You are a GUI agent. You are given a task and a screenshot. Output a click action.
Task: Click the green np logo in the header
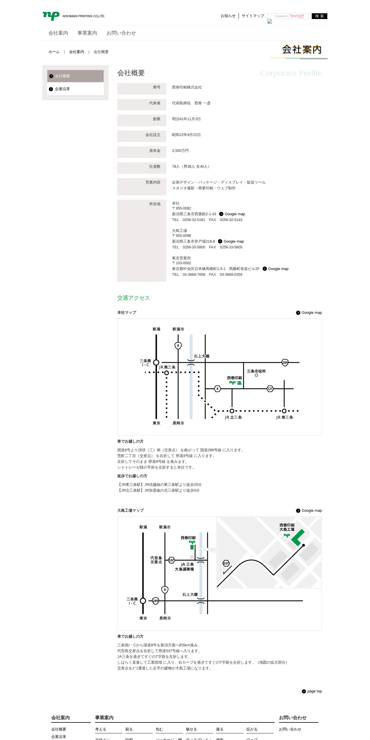coord(51,16)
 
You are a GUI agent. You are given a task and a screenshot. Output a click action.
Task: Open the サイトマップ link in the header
coord(253,16)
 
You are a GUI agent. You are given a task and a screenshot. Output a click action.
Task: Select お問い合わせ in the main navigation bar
coord(121,33)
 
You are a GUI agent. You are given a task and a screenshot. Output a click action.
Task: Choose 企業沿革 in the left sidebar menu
coord(62,89)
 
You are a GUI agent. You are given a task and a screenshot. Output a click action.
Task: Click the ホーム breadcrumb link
coord(54,52)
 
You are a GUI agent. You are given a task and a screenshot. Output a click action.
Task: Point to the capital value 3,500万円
coord(180,151)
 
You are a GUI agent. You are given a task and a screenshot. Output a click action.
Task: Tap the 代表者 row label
coord(155,103)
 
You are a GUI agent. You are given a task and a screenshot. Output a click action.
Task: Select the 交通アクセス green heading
coord(133,298)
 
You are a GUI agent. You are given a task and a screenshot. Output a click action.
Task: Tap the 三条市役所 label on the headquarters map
coord(256,371)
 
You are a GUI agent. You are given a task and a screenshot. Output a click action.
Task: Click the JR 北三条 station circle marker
coord(232,411)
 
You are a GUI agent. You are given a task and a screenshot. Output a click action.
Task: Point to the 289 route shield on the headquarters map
coord(285,363)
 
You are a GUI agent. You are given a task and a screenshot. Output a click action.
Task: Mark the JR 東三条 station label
coord(284,417)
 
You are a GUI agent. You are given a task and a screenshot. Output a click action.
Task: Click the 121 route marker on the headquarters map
coord(270,389)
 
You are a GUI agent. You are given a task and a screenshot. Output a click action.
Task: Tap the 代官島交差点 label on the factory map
coord(156,560)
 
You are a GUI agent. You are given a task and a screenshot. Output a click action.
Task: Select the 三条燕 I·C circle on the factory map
coord(143,601)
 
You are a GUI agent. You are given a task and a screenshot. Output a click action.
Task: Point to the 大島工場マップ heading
coord(130,511)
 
